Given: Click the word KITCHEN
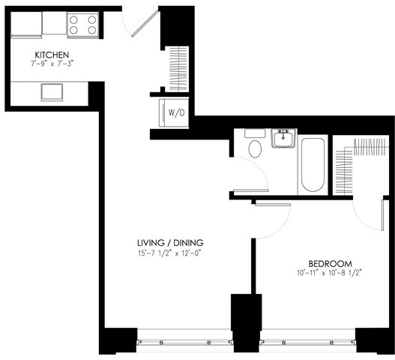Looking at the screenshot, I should (52, 55).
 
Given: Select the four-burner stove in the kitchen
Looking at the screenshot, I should (83, 25).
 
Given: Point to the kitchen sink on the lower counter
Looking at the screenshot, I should (52, 92).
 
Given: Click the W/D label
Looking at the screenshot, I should (177, 113).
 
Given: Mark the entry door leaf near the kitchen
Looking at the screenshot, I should (147, 22).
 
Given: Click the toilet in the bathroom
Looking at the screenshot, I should (254, 147).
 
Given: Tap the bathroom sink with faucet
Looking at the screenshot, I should (283, 139).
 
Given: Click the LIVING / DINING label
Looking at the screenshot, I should (170, 242).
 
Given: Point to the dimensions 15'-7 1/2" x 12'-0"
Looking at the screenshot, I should (170, 253).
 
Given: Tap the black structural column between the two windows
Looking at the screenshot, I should (245, 323).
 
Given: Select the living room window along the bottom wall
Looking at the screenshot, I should (184, 342).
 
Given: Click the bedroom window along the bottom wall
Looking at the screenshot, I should (307, 342).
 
